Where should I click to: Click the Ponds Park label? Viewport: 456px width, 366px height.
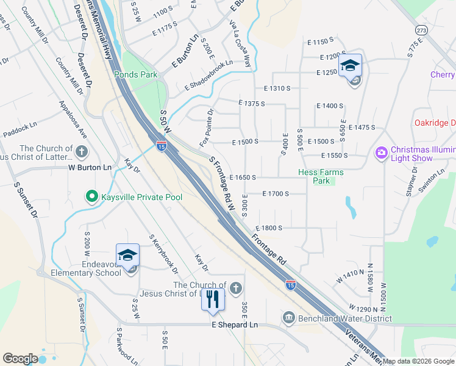[135, 74]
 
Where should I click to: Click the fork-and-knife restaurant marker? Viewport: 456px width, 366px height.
[213, 299]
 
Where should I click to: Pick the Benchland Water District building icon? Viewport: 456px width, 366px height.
[288, 317]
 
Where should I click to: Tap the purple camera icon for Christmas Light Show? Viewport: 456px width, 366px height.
[382, 151]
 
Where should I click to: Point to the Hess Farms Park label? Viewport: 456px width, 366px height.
[321, 176]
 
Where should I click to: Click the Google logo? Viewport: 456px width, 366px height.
[20, 359]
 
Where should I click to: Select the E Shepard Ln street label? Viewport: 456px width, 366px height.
[235, 325]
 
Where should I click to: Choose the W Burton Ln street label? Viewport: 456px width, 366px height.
[90, 167]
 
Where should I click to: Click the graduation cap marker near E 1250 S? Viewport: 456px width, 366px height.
[351, 65]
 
